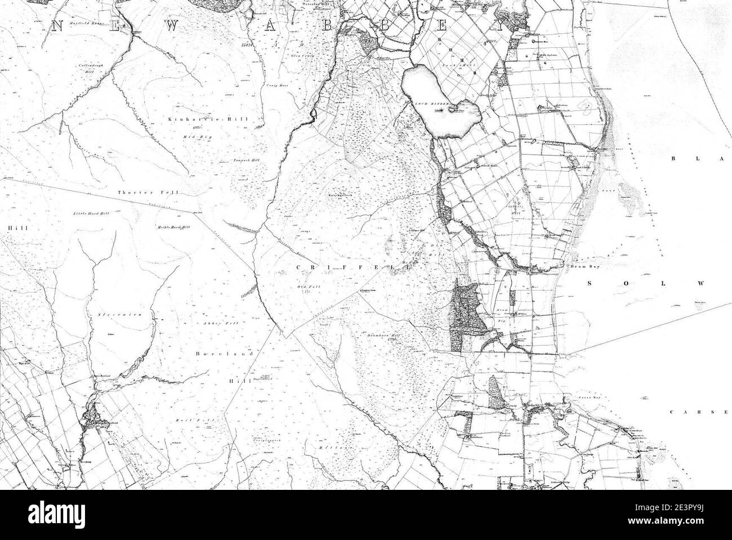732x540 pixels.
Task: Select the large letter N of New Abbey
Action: pyautogui.click(x=56, y=25)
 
